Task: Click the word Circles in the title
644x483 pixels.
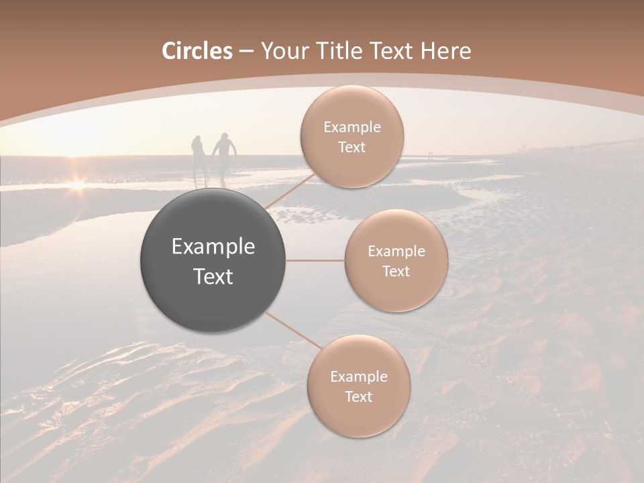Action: [197, 51]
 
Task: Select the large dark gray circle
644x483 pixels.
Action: [213, 260]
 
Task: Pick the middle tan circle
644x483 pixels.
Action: [396, 262]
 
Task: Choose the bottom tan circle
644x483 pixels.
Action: [358, 386]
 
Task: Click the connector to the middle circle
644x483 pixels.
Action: [315, 261]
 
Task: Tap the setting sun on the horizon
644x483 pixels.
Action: [78, 182]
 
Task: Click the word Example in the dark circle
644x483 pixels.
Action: [213, 247]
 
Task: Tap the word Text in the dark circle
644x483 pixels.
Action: [213, 276]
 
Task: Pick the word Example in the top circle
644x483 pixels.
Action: [352, 127]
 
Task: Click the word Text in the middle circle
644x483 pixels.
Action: [396, 272]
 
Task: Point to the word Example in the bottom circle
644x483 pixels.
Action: [358, 377]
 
